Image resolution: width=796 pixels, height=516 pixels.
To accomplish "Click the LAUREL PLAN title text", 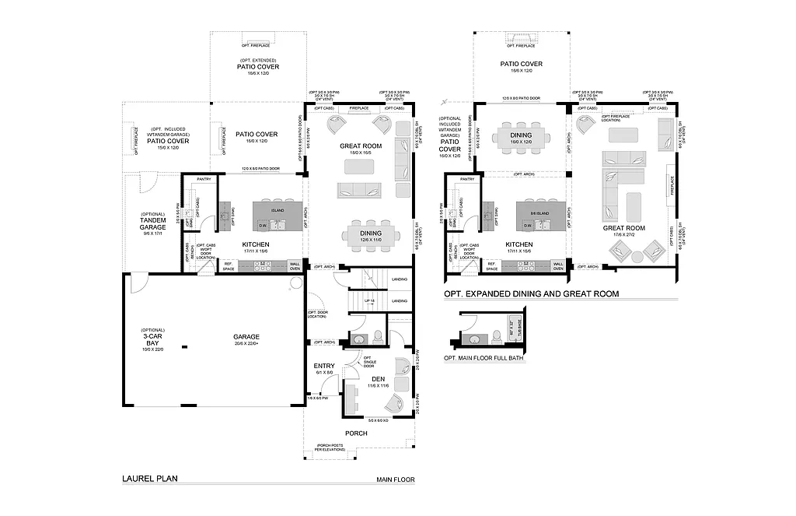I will tap(150, 479).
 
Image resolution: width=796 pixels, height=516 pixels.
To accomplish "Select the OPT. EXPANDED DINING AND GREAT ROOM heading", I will tap(531, 294).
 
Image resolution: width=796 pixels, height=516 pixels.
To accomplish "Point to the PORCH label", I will tap(356, 434).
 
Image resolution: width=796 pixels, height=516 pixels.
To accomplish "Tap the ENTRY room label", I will tap(323, 366).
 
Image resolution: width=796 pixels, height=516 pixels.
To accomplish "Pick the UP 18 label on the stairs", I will tap(372, 300).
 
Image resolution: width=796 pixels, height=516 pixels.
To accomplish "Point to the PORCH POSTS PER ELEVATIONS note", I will tap(331, 449).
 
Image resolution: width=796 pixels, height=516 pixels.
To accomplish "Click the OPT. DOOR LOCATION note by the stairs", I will tap(317, 314).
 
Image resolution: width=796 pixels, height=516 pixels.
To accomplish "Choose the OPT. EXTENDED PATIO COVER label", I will tap(258, 66).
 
